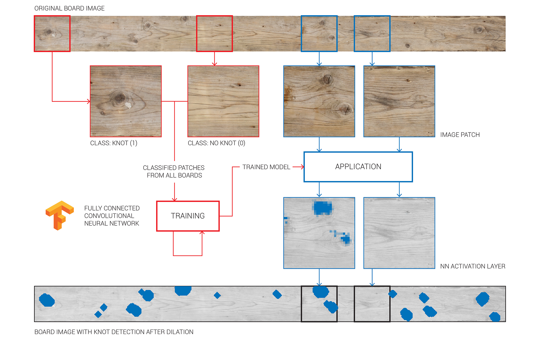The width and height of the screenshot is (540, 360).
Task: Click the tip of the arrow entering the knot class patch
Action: pos(90,101)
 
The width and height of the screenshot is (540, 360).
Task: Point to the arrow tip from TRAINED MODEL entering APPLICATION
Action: pos(304,167)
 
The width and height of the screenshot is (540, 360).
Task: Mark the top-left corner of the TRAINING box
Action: pos(157,201)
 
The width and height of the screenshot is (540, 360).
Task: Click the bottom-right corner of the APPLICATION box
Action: pos(413,182)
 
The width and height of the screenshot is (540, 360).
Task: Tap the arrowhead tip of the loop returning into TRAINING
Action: pos(202,231)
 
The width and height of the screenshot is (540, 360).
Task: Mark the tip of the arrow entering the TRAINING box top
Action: pos(174,201)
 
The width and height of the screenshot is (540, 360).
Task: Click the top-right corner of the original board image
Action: pos(505,16)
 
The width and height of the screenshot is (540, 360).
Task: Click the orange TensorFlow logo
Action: pos(60,215)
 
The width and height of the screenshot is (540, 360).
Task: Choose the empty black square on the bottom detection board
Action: pos(372,304)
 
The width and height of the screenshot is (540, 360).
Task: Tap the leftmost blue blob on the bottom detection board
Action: pos(47,300)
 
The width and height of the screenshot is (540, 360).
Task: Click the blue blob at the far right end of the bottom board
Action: pos(495,317)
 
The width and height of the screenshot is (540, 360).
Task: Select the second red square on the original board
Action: pos(214,33)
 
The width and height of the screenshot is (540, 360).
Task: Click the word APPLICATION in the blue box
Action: pos(358,167)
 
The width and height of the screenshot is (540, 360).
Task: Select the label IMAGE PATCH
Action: pos(460,135)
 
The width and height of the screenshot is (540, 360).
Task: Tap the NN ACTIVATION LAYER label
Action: pos(473,266)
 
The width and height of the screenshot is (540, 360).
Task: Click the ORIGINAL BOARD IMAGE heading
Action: pos(69,8)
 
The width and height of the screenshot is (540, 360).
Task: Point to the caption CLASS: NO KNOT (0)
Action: pos(217,143)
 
